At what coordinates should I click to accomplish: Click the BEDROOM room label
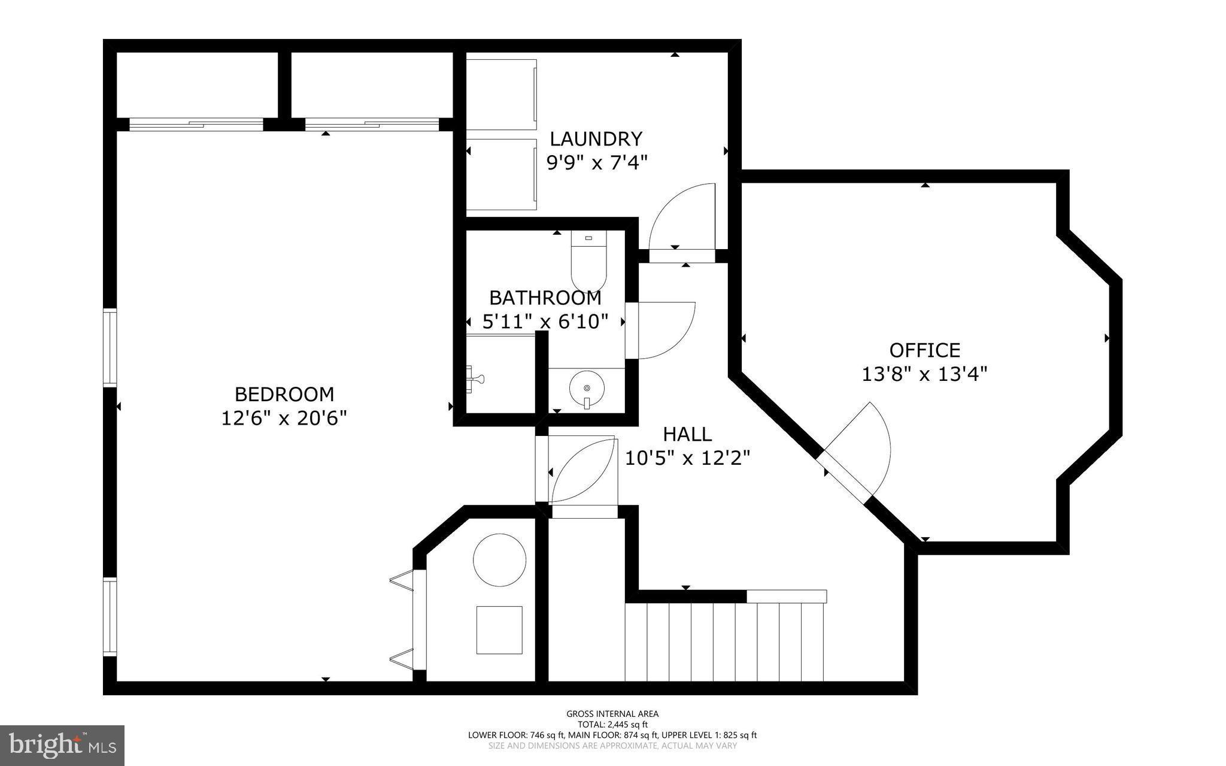click(x=284, y=394)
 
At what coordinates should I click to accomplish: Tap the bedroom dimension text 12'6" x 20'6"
click(x=284, y=418)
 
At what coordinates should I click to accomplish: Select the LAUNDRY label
click(x=596, y=139)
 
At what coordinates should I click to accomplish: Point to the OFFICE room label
click(x=924, y=350)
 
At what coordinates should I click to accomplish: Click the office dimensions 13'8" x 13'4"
click(x=924, y=374)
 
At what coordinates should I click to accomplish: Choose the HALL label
click(x=687, y=434)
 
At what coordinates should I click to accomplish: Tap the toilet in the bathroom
click(x=589, y=261)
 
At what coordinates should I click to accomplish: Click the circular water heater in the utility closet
click(x=500, y=559)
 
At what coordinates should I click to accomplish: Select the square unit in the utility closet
click(x=499, y=629)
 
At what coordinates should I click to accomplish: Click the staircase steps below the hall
click(x=724, y=641)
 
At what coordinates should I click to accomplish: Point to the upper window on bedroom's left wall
click(x=110, y=347)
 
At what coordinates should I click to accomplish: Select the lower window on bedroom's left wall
click(x=110, y=616)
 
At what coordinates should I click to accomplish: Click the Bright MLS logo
click(x=62, y=745)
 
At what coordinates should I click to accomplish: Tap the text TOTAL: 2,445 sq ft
click(x=612, y=724)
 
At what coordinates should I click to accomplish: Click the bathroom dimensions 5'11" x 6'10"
click(x=545, y=322)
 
